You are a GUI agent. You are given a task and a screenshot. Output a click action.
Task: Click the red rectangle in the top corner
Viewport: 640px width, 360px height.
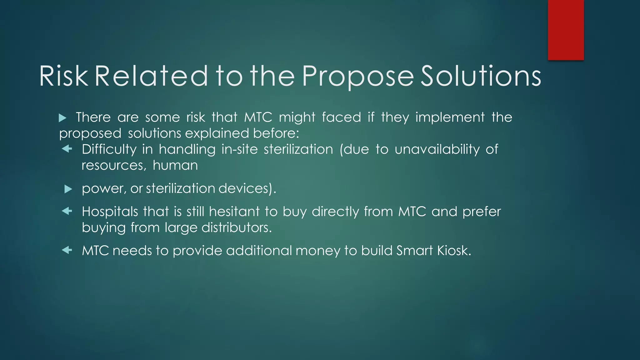tap(566, 30)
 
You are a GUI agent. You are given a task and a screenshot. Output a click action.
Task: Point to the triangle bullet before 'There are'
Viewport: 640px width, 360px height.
tap(62, 118)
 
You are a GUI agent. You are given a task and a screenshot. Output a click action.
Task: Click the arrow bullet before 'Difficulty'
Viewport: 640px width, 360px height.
tap(67, 149)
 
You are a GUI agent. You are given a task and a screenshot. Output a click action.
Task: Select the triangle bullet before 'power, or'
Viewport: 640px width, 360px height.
tap(68, 189)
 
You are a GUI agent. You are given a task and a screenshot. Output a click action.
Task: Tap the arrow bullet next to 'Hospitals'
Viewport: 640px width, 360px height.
tap(67, 211)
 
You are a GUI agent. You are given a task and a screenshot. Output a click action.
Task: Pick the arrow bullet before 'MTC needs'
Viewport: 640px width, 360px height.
tap(67, 250)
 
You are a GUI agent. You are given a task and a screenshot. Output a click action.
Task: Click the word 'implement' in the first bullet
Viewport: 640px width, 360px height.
tap(450, 117)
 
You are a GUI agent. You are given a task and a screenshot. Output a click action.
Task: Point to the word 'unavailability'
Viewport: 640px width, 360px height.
tap(437, 149)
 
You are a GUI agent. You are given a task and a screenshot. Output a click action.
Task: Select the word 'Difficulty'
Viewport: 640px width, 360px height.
tap(109, 149)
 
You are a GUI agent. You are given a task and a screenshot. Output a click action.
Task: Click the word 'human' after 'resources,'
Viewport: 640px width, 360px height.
tap(175, 165)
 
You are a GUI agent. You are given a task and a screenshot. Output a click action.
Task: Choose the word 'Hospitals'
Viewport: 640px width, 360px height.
tap(110, 212)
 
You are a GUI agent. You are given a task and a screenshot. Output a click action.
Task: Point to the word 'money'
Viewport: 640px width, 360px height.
tap(318, 251)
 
